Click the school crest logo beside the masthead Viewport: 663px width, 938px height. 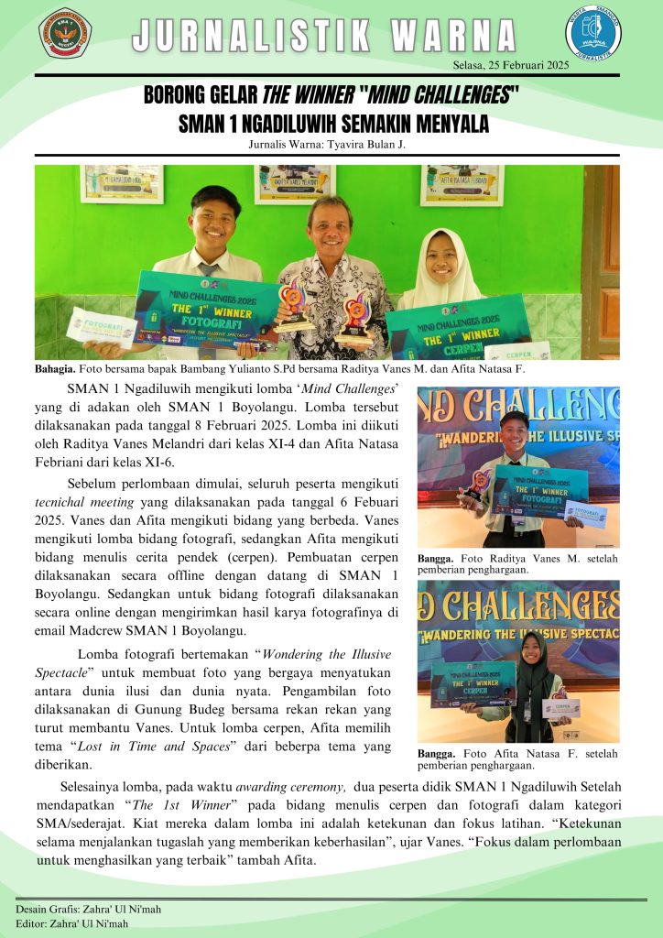click(64, 32)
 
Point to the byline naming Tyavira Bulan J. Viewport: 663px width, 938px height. click(327, 144)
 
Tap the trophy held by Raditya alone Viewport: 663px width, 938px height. click(477, 488)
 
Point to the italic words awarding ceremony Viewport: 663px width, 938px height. click(290, 786)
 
